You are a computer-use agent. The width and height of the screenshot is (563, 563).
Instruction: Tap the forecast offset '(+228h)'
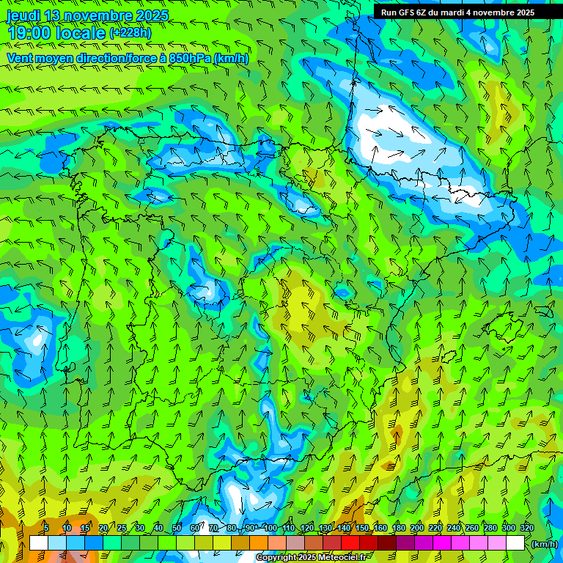(130, 33)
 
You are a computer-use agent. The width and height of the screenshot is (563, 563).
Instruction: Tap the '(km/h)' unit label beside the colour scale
(544, 544)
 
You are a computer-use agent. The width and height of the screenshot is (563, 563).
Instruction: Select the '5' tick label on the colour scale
(46, 528)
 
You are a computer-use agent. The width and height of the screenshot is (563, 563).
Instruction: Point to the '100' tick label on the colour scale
(271, 528)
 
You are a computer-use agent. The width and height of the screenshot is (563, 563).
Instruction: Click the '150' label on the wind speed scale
(362, 528)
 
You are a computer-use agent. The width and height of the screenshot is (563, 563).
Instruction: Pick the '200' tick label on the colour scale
(417, 528)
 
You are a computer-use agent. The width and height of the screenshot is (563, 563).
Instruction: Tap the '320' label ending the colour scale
(526, 528)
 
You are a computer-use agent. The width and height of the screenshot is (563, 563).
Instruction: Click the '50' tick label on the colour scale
(177, 528)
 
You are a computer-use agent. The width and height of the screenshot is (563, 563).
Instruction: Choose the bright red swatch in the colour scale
(350, 543)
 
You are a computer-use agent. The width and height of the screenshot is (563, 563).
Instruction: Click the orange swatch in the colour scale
(259, 543)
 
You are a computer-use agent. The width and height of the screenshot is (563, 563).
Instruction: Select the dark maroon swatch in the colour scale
(387, 543)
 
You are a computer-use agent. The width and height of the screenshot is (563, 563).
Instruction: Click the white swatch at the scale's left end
(39, 543)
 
